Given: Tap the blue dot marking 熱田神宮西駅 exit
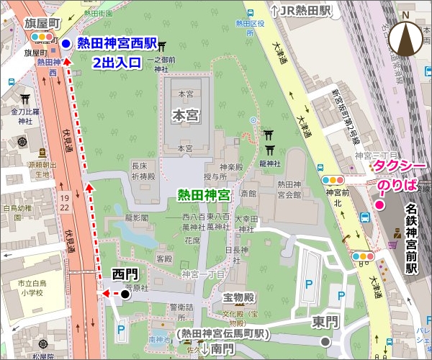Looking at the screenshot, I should [x=66, y=44].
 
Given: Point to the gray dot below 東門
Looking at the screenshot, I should [x=326, y=341].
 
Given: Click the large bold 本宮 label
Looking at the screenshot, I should [x=189, y=114].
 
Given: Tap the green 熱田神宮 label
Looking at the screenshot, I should [x=204, y=194].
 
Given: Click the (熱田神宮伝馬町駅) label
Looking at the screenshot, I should [x=221, y=335].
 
